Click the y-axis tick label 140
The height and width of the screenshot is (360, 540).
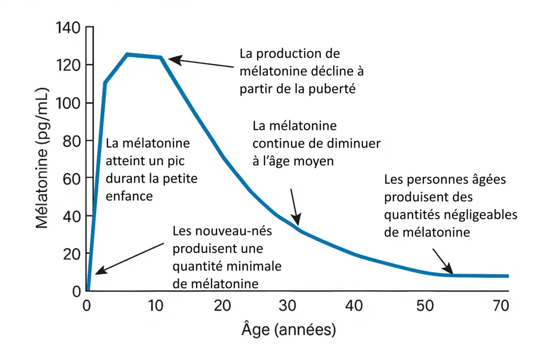pyautogui.click(x=67, y=28)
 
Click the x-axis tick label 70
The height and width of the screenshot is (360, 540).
pyautogui.click(x=501, y=305)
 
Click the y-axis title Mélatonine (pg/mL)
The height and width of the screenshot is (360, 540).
pyautogui.click(x=43, y=159)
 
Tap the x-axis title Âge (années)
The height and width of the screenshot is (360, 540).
pyautogui.click(x=292, y=328)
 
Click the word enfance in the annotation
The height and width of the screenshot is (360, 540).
pyautogui.click(x=130, y=196)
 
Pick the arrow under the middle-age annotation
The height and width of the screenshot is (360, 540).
pyautogui.click(x=295, y=206)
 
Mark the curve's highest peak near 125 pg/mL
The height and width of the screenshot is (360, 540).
pyautogui.click(x=127, y=54)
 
